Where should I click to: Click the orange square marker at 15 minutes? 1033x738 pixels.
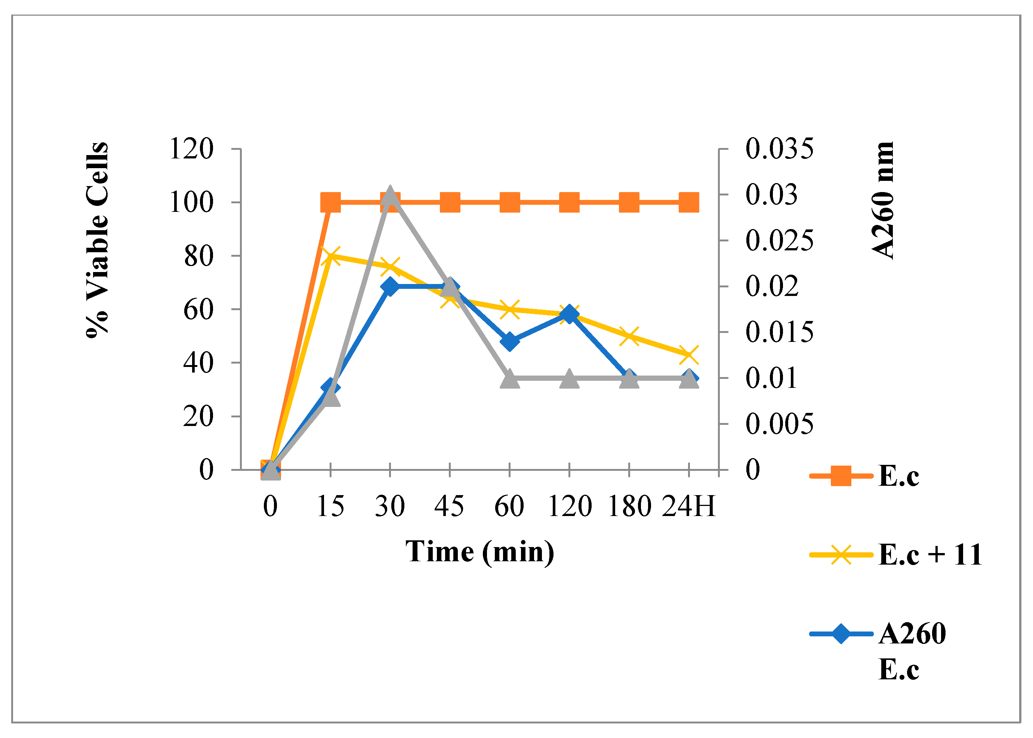[330, 202]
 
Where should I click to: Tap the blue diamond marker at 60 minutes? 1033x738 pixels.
[509, 341]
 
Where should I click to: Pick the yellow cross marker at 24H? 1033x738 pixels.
[689, 355]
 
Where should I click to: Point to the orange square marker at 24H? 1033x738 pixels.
[689, 202]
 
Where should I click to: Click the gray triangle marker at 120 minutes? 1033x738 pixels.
[570, 379]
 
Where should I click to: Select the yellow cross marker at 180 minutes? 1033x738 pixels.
[629, 336]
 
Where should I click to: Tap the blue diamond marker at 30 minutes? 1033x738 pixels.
[390, 286]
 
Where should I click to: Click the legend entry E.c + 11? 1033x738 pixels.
[929, 555]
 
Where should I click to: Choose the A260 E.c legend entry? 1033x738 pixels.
[911, 651]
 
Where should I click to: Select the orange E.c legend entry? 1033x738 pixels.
[898, 476]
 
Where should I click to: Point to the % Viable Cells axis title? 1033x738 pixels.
[97, 240]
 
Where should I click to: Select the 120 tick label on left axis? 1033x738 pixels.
[191, 149]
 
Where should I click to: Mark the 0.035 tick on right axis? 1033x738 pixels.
[779, 149]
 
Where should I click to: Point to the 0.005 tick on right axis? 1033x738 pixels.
[779, 424]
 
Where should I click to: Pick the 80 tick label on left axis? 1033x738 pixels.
[198, 256]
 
